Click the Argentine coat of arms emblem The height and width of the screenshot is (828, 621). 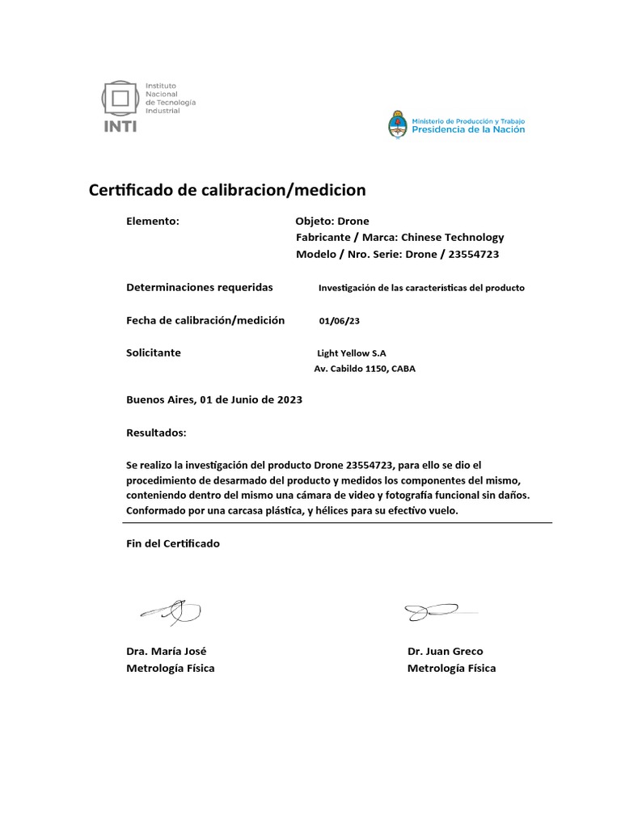pos(398,125)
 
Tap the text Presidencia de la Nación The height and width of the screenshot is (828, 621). pos(468,129)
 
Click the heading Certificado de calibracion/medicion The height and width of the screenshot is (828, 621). pos(226,190)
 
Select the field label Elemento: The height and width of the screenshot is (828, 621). pos(153,221)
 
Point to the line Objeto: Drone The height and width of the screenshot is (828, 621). pos(332,221)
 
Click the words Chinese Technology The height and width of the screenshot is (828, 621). pos(453,237)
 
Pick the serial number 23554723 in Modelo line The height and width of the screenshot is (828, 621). pos(473,254)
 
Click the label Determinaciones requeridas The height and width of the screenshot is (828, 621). pos(200,287)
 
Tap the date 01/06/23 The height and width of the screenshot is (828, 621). pos(339,321)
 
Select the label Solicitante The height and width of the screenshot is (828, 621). pos(154,353)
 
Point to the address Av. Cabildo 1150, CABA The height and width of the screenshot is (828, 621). pos(365,369)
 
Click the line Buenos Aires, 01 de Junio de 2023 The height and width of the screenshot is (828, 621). pos(214,399)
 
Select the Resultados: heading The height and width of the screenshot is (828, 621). pos(156,433)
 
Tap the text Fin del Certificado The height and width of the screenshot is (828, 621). pos(173,543)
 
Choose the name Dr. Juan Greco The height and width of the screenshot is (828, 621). pos(446,651)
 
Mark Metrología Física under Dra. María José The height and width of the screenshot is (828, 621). pos(171,668)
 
